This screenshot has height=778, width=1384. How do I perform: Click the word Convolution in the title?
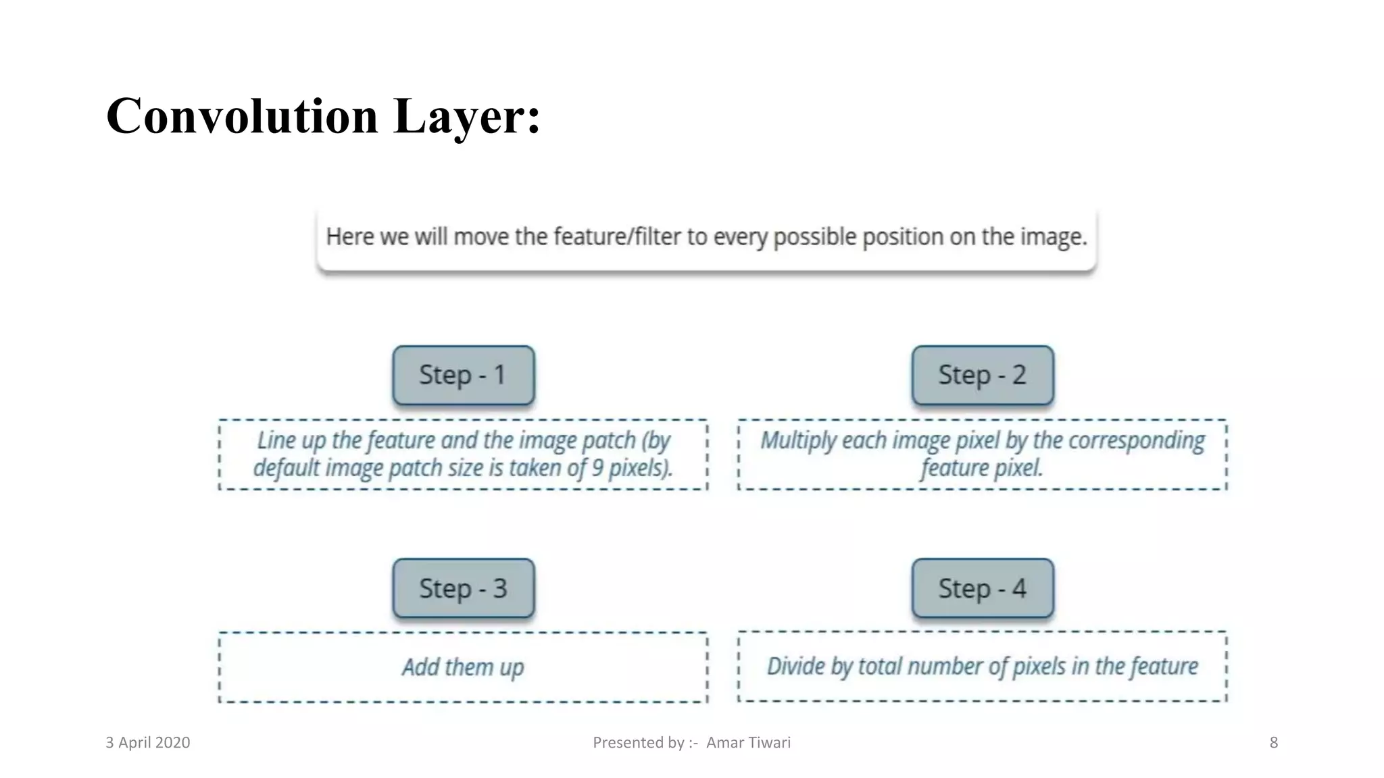tap(241, 116)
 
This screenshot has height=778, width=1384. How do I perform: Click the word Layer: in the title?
tap(466, 116)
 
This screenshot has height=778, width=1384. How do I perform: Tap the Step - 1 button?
tap(463, 375)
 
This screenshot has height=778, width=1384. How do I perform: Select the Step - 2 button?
tap(982, 375)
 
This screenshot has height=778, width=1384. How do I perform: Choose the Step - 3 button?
tap(463, 588)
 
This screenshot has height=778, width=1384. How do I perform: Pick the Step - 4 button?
tap(982, 588)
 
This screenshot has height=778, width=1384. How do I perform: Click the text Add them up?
tap(463, 667)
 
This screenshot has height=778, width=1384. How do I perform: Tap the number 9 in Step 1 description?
tap(597, 468)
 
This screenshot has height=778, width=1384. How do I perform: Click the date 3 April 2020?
tap(147, 743)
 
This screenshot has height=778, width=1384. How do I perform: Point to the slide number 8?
tap(1273, 743)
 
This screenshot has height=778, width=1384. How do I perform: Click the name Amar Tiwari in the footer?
tap(748, 743)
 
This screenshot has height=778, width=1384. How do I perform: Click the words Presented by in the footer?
tap(639, 743)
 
